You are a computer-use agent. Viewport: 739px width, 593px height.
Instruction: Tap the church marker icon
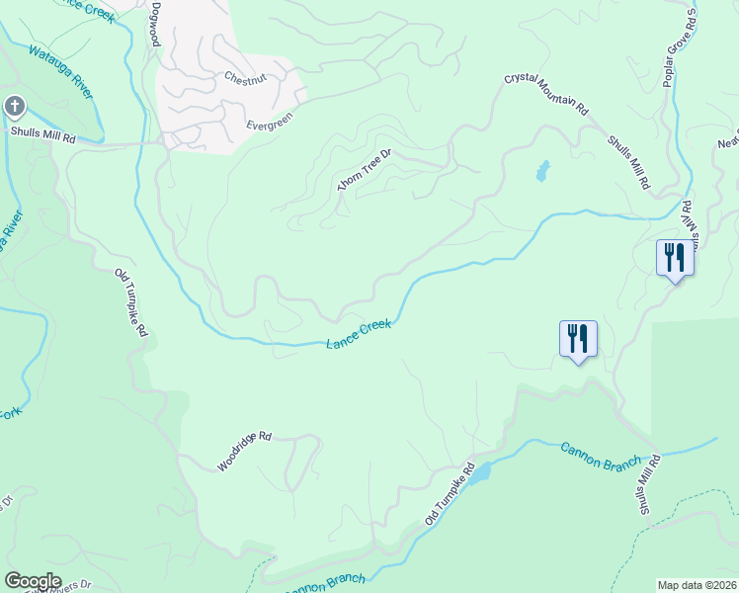(15, 106)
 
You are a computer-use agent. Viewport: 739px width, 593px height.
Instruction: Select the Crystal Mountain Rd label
(546, 93)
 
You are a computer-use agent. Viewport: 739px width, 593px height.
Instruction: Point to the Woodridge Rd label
(244, 450)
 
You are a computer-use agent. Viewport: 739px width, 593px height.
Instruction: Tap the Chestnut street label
(245, 77)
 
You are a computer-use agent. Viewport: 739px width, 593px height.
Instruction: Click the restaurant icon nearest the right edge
(675, 258)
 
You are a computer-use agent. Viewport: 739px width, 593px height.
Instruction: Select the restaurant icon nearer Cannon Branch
(578, 338)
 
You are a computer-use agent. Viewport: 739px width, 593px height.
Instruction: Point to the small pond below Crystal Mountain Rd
(541, 171)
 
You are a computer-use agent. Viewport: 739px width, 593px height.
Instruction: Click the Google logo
(33, 580)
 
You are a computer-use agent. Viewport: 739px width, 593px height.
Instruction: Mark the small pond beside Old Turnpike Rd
(479, 475)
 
